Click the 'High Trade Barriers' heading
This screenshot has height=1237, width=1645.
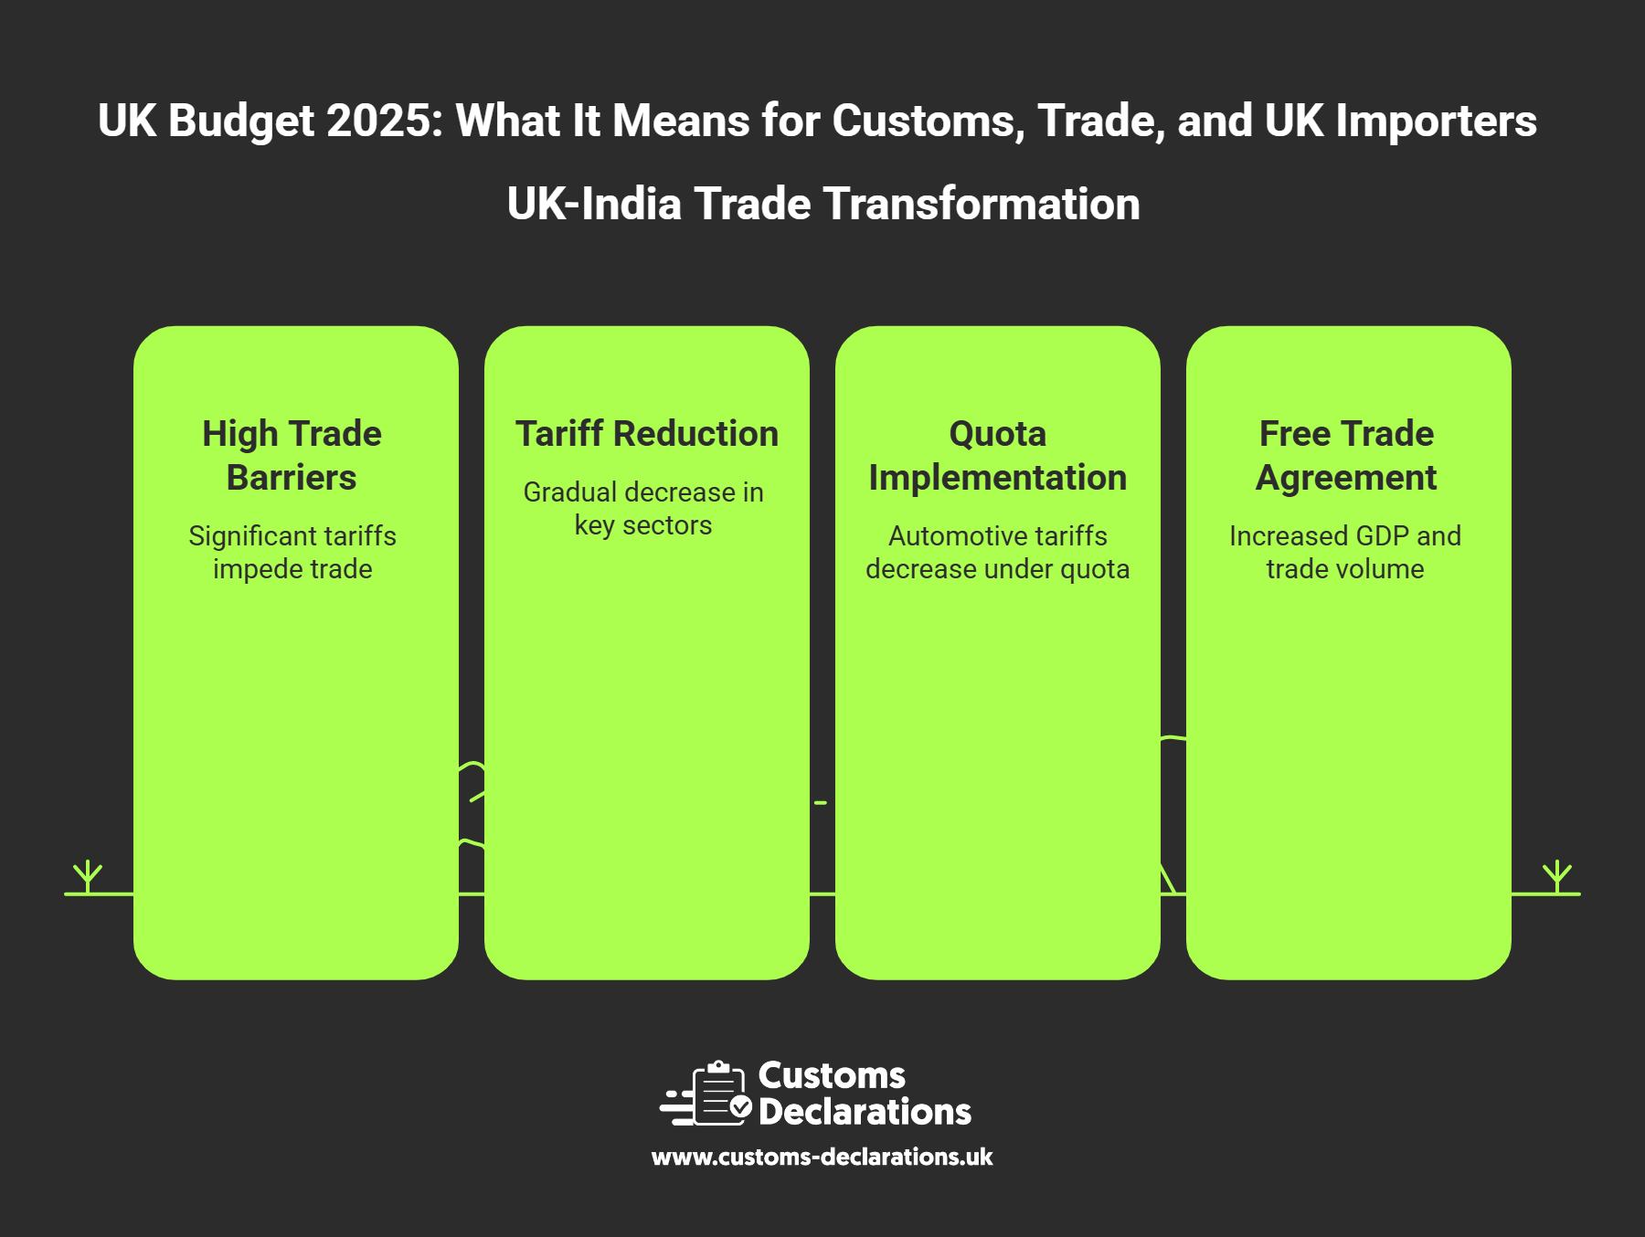pos(292,455)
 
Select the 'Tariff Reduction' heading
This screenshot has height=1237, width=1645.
pos(647,433)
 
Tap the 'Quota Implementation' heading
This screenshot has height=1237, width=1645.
pos(998,455)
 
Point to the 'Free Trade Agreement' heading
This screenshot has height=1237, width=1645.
pos(1346,455)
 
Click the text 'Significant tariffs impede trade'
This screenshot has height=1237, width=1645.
pos(292,552)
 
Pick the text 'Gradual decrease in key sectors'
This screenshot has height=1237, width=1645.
pos(643,508)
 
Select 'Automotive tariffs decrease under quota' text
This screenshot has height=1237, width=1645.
pos(998,552)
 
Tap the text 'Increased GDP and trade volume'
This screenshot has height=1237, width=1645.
pos(1345,552)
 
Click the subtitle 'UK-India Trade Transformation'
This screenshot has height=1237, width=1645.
pos(823,203)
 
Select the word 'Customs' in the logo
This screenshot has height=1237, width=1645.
pos(832,1075)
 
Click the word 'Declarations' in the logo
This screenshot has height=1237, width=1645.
pos(865,1112)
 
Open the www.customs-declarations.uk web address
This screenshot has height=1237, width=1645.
pos(822,1157)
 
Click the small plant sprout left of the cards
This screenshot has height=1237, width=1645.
pos(88,876)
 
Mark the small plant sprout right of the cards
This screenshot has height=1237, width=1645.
pos(1557,876)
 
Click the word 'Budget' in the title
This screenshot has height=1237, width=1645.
pos(241,122)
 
